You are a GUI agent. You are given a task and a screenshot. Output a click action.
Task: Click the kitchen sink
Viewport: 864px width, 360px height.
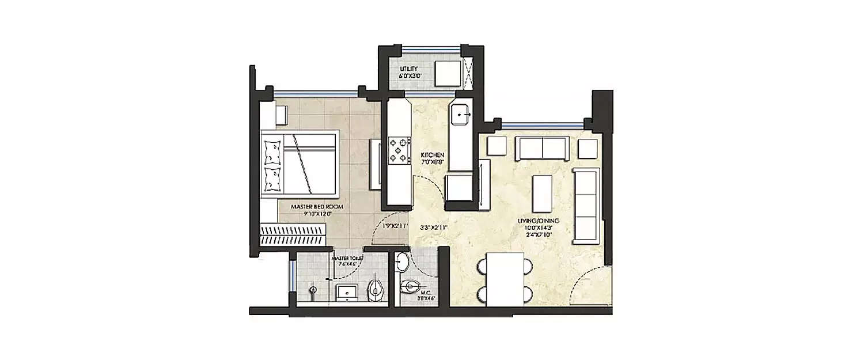click(461, 115)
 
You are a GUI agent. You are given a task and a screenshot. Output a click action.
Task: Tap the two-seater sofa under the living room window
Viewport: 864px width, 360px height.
click(541, 148)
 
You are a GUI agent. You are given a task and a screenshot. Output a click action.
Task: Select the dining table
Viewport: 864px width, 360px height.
click(505, 279)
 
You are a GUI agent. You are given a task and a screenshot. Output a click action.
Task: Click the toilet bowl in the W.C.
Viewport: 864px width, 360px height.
click(412, 285)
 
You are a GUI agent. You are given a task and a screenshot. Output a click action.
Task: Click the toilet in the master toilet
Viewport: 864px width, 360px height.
click(375, 289)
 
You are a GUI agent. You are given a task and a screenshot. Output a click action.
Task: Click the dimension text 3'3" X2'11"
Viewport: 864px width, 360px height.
click(434, 226)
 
